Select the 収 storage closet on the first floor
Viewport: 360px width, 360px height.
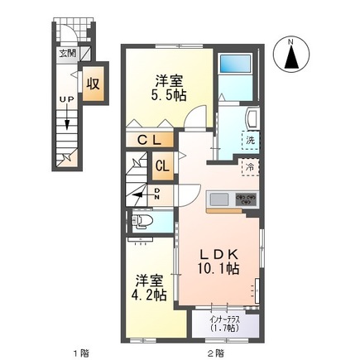pyautogui.click(x=95, y=84)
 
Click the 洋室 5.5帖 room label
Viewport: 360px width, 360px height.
pyautogui.click(x=168, y=88)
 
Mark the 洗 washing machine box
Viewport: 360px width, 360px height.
pyautogui.click(x=249, y=140)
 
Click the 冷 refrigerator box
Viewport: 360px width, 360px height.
pyautogui.click(x=248, y=166)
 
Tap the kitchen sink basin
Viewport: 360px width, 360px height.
pyautogui.click(x=220, y=199)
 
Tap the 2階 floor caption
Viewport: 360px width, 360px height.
pyautogui.click(x=216, y=352)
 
